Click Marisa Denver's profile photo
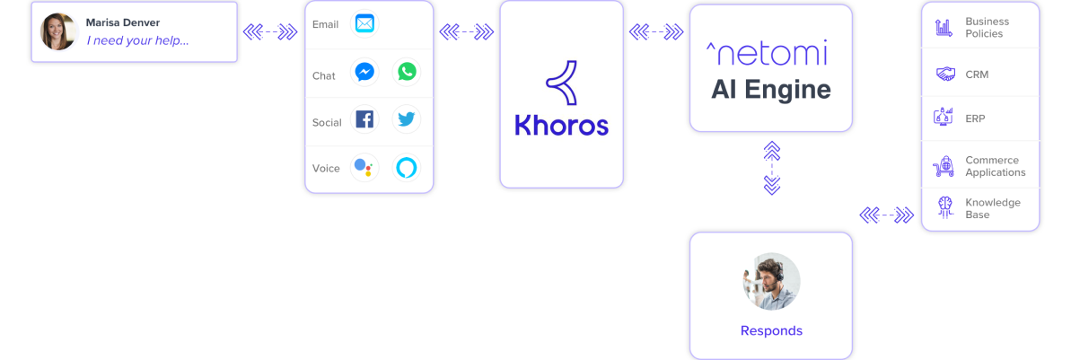(58, 31)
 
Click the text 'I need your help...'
(137, 40)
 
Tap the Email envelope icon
(364, 24)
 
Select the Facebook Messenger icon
(364, 72)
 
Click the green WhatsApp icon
(407, 72)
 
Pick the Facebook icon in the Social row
(364, 119)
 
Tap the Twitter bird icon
(407, 119)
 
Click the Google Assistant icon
(364, 167)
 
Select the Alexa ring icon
(407, 167)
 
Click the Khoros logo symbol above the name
(561, 83)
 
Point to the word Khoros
(561, 125)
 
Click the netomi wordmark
(767, 53)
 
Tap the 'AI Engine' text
(771, 90)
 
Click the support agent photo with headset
(771, 281)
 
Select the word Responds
(771, 330)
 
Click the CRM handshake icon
(945, 74)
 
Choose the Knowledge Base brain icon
(945, 207)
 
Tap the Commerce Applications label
(996, 166)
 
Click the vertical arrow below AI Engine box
(772, 168)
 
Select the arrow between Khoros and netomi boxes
(656, 31)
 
